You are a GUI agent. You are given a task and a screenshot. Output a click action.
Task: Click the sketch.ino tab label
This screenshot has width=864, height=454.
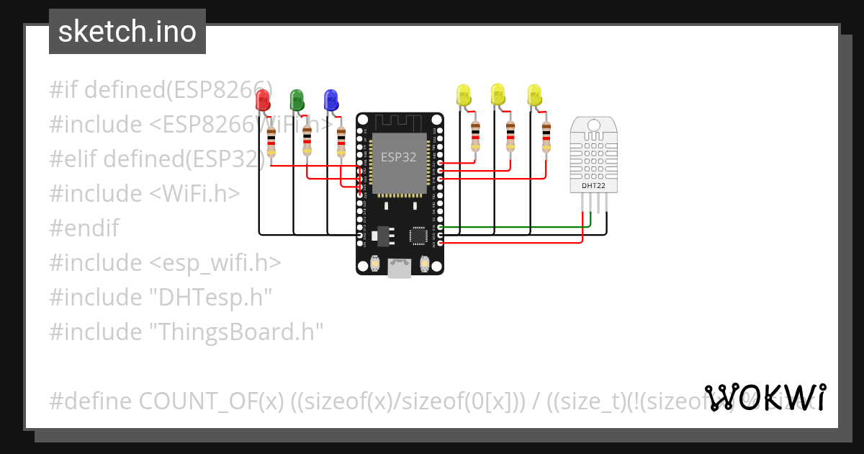[x=127, y=32]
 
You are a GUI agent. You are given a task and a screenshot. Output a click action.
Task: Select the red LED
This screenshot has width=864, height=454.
[x=263, y=99]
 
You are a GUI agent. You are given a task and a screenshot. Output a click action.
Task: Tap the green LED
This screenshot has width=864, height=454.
[x=296, y=99]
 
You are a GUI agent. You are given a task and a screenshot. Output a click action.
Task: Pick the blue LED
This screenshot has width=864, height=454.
[x=330, y=99]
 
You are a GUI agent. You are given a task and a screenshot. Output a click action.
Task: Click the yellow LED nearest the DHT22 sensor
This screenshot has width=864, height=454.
[x=534, y=95]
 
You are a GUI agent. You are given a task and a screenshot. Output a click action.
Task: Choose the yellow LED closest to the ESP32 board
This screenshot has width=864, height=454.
[x=463, y=95]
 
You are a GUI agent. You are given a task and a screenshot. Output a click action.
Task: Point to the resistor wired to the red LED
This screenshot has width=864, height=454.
[x=271, y=141]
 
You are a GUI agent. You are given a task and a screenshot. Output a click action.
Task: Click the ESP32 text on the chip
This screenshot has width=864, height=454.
[x=398, y=158]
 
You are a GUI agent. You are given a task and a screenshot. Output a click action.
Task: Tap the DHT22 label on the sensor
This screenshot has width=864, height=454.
[x=589, y=187]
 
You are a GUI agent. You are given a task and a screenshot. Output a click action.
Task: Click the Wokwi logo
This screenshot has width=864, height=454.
[x=765, y=397]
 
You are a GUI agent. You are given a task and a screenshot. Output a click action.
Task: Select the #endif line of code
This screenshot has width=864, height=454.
[x=84, y=228]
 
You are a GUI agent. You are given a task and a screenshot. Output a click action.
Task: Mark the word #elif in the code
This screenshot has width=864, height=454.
[x=73, y=159]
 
